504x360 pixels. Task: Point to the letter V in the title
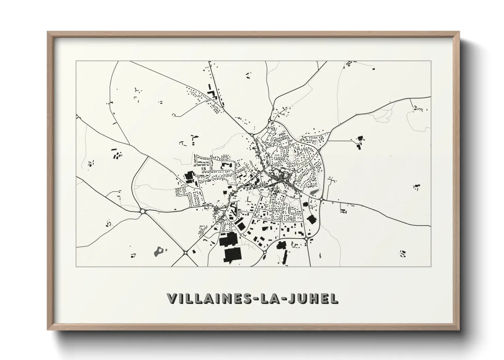tap(172, 298)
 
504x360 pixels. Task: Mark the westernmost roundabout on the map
tap(142, 211)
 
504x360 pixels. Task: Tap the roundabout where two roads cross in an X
tap(185, 252)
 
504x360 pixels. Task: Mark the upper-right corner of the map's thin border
tap(431, 61)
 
